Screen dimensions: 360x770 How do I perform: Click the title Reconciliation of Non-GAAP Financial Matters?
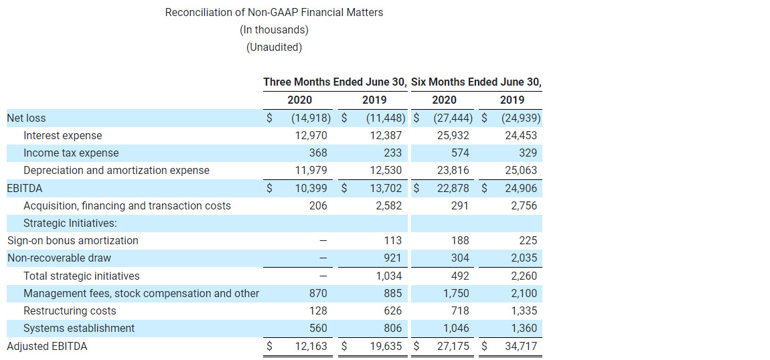pyautogui.click(x=274, y=12)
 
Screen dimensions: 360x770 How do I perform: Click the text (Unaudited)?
pyautogui.click(x=274, y=47)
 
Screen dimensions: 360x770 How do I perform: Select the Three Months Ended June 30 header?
pyautogui.click(x=335, y=82)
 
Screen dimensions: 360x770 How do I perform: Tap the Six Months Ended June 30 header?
pyautogui.click(x=476, y=82)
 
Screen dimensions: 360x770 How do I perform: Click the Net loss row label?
pyautogui.click(x=27, y=118)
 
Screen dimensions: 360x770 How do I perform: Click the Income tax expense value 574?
pyautogui.click(x=460, y=153)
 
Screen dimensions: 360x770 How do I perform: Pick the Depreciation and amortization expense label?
pyautogui.click(x=117, y=171)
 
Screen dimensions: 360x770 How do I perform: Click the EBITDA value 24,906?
pyautogui.click(x=521, y=188)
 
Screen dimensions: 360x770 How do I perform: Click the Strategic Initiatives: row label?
pyautogui.click(x=70, y=223)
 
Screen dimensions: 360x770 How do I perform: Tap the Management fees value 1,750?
pyautogui.click(x=457, y=293)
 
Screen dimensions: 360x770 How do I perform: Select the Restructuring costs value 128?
pyautogui.click(x=319, y=310)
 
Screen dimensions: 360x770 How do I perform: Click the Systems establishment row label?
pyautogui.click(x=79, y=328)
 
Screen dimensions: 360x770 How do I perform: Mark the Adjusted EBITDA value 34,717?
pyautogui.click(x=521, y=346)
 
